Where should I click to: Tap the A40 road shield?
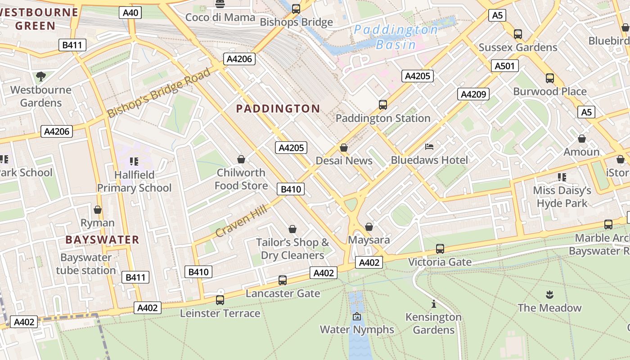(130, 13)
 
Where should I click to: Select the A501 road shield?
(504, 66)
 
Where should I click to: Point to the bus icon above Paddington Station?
(383, 104)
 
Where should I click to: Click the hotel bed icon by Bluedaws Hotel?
(429, 147)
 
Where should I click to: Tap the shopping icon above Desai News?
(344, 148)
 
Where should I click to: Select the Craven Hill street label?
(241, 220)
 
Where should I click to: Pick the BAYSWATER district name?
(102, 239)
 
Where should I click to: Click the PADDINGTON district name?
(278, 108)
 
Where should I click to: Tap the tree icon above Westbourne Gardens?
(41, 76)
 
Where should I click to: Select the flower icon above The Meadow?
(549, 295)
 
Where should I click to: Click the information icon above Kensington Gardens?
(433, 304)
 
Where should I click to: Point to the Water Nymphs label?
(357, 329)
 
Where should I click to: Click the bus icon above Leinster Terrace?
(220, 300)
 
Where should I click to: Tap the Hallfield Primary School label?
(134, 181)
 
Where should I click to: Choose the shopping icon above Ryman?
(98, 210)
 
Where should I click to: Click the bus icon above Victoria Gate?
(440, 248)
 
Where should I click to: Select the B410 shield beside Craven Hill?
(291, 189)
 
